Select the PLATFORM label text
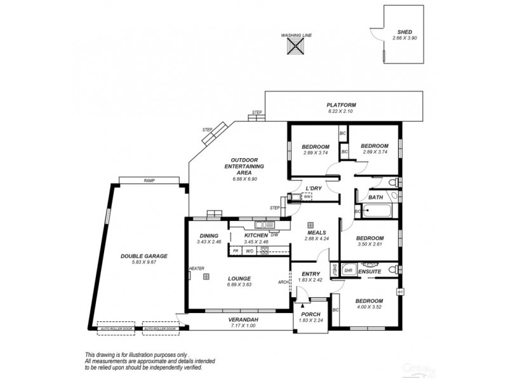point(341,105)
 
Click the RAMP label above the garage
point(149,180)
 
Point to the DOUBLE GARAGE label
point(144,256)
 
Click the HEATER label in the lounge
point(196,269)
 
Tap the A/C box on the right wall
point(400,291)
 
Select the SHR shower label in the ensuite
point(348,270)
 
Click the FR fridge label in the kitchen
point(235,250)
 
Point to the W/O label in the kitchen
point(250,250)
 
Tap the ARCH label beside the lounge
point(283,282)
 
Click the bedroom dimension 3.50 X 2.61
point(370,243)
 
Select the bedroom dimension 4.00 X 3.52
point(368,307)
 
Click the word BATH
point(375,197)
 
